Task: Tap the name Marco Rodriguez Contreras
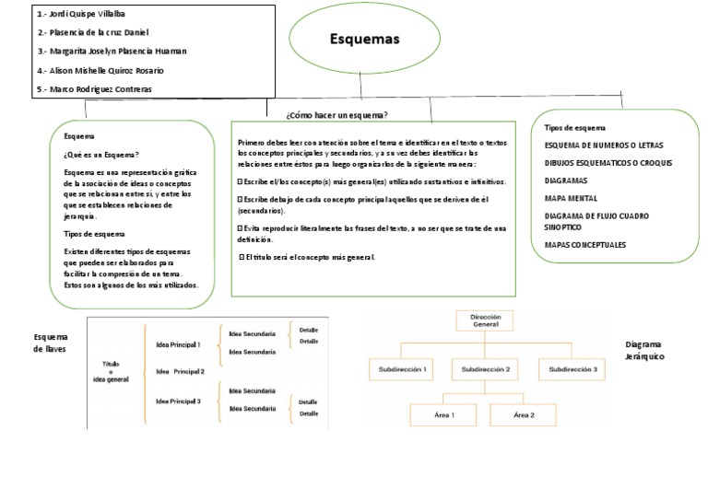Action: click(x=95, y=88)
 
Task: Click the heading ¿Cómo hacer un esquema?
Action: click(x=336, y=114)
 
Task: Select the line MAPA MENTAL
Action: click(x=572, y=198)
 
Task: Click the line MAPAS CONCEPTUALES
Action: click(x=585, y=244)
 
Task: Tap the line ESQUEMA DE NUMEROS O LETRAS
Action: click(x=604, y=145)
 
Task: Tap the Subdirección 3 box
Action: click(x=573, y=369)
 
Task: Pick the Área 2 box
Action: click(x=524, y=415)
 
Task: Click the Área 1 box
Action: click(x=444, y=415)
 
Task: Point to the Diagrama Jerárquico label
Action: click(x=644, y=350)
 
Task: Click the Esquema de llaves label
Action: click(x=51, y=343)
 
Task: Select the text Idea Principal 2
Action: click(x=180, y=372)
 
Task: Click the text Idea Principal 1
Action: click(x=178, y=343)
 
